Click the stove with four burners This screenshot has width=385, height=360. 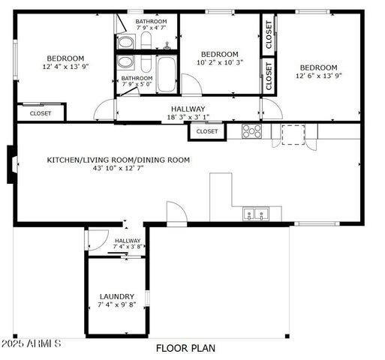pyautogui.click(x=251, y=131)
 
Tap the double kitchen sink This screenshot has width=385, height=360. pyautogui.click(x=256, y=214)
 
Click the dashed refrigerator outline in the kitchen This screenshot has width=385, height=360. pyautogui.click(x=293, y=133)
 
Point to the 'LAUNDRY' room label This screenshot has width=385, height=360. pyautogui.click(x=117, y=296)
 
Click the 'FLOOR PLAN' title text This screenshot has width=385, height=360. pyautogui.click(x=185, y=348)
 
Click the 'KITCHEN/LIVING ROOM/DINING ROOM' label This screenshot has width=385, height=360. pyautogui.click(x=119, y=160)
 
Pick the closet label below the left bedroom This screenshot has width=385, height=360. pyautogui.click(x=41, y=113)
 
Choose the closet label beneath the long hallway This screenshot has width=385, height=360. pyautogui.click(x=207, y=131)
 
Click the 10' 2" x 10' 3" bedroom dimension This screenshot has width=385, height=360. pyautogui.click(x=220, y=63)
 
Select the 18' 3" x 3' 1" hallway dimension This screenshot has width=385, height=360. pyautogui.click(x=188, y=117)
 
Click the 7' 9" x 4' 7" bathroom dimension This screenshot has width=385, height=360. pyautogui.click(x=151, y=28)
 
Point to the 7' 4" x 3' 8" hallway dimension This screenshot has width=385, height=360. pyautogui.click(x=128, y=246)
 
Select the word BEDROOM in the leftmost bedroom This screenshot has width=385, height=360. pyautogui.click(x=65, y=58)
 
